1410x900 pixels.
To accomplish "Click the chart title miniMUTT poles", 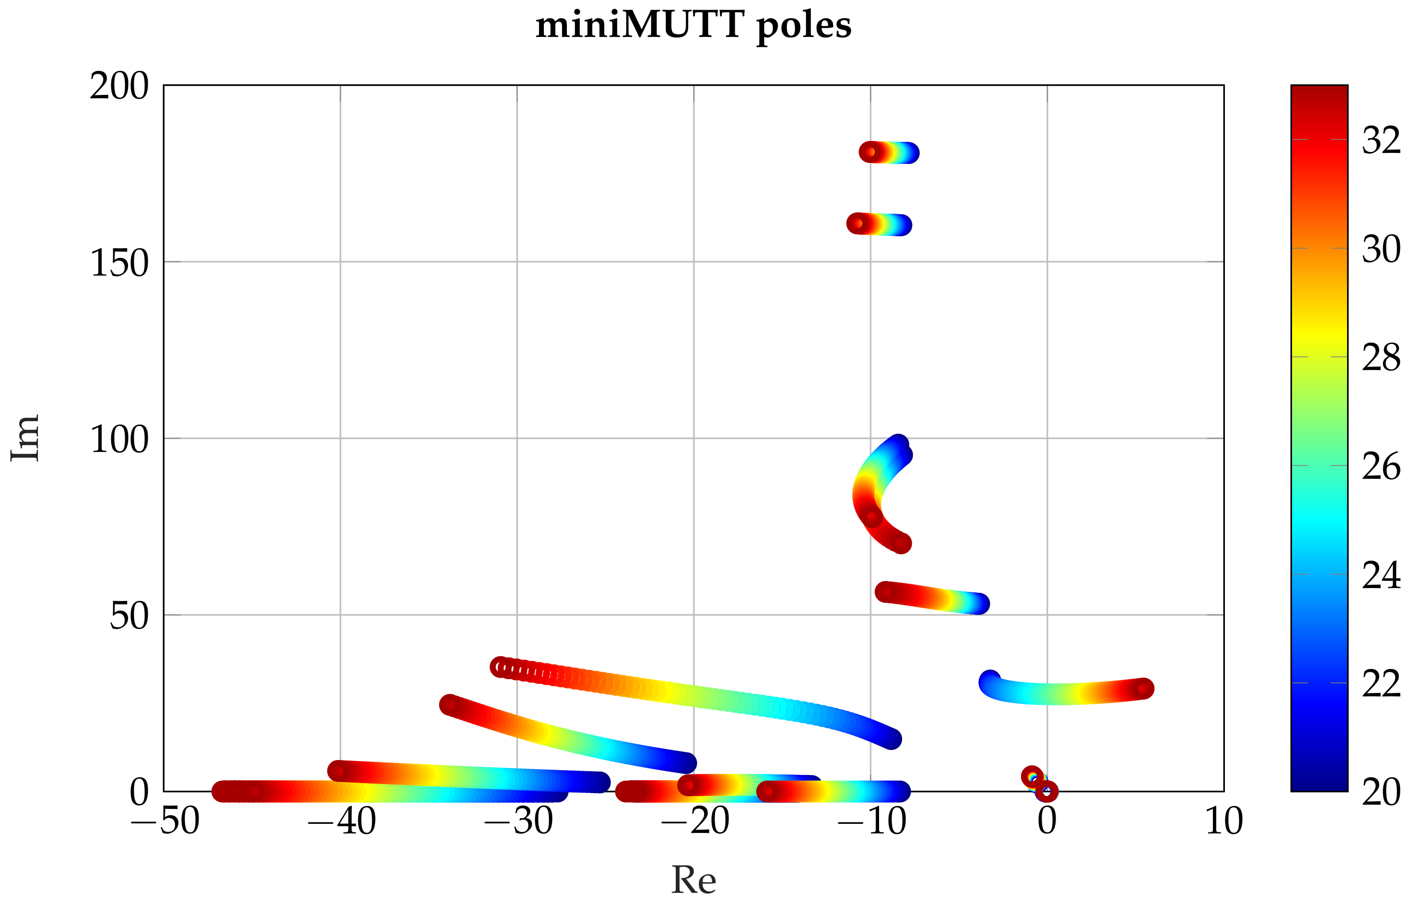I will [693, 26].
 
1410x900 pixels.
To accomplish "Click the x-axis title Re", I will [693, 879].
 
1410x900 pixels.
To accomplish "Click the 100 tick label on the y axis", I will [119, 440].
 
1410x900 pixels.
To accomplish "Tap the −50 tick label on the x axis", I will [165, 821].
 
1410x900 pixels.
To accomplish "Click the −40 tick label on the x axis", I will [341, 821].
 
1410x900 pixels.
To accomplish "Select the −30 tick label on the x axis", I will [518, 821].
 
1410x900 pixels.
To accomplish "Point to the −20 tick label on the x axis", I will [695, 821].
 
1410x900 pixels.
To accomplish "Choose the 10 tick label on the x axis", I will [1224, 821].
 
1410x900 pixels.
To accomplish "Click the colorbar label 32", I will [1381, 140].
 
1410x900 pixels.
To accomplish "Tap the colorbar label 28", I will [1381, 358].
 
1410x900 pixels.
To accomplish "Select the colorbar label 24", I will [1381, 575].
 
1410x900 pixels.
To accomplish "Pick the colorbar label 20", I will [1381, 793].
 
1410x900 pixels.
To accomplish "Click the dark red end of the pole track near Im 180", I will [869, 152].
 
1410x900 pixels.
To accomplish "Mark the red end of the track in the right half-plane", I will [1143, 689].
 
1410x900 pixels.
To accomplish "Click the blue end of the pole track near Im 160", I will [902, 225].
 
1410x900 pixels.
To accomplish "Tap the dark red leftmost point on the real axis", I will [222, 792].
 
